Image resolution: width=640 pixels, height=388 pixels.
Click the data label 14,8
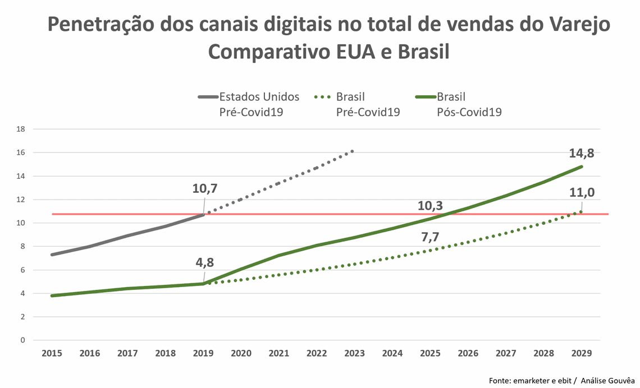[x=582, y=152]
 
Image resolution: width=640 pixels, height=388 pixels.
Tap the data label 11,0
[x=582, y=193]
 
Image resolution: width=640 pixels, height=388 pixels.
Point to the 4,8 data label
[x=204, y=262]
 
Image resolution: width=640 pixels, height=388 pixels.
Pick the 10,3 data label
[x=431, y=206]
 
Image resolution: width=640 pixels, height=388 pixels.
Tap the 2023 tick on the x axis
[x=354, y=353]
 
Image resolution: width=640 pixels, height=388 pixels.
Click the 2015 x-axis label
[x=52, y=353]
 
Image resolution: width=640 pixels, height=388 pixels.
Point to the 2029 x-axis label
[x=581, y=353]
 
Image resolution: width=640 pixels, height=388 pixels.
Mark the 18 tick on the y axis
[x=21, y=129]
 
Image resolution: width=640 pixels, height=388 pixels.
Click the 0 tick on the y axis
[x=22, y=340]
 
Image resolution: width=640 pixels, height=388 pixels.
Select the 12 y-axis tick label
[x=21, y=200]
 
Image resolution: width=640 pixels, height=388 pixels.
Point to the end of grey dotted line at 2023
[x=353, y=151]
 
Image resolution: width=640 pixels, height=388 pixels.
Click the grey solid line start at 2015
[x=52, y=255]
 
